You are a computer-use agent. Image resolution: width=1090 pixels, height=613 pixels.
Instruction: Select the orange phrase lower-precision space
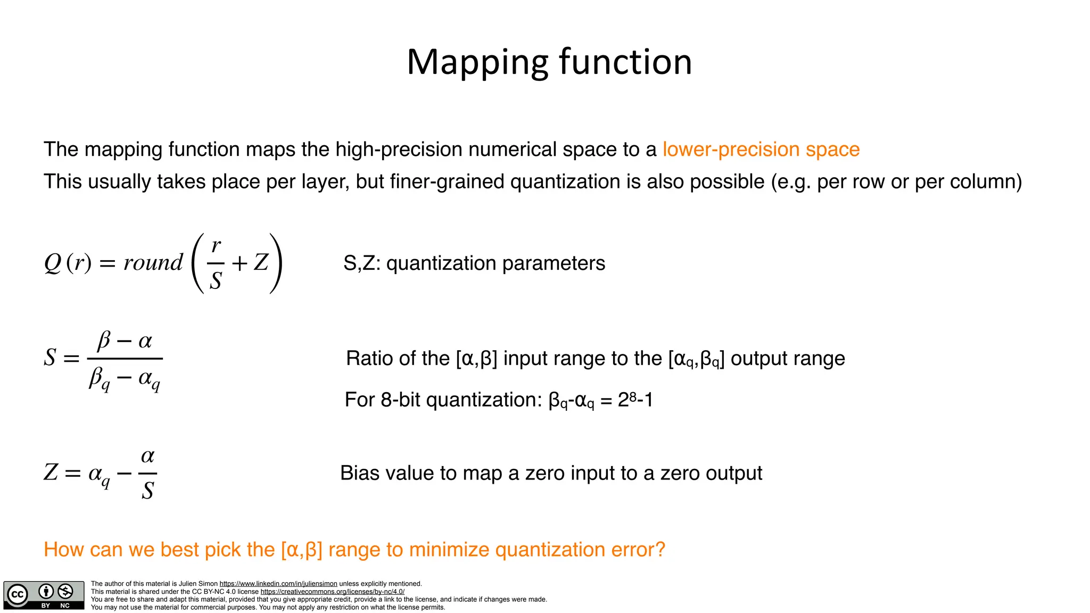click(761, 150)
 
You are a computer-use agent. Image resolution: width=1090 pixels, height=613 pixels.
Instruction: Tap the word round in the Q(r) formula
click(153, 262)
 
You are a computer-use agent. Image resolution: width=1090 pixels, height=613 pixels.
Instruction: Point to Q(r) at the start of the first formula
click(68, 262)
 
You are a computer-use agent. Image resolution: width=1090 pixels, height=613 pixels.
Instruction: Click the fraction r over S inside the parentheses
click(216, 263)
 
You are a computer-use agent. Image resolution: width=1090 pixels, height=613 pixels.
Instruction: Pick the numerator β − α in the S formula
click(125, 341)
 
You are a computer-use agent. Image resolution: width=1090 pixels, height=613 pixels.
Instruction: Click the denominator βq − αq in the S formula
click(125, 379)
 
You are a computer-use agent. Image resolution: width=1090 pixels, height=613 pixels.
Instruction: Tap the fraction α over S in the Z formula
click(147, 474)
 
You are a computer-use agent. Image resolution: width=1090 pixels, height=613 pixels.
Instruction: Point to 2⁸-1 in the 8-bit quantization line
click(635, 400)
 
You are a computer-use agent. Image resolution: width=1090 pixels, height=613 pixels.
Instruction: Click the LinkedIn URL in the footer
click(278, 584)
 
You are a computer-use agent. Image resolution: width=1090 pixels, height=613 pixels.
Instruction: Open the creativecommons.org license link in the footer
click(332, 592)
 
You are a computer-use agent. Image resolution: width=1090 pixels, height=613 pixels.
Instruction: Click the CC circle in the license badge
click(18, 594)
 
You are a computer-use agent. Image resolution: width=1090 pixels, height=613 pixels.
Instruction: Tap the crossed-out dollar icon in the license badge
click(65, 591)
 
